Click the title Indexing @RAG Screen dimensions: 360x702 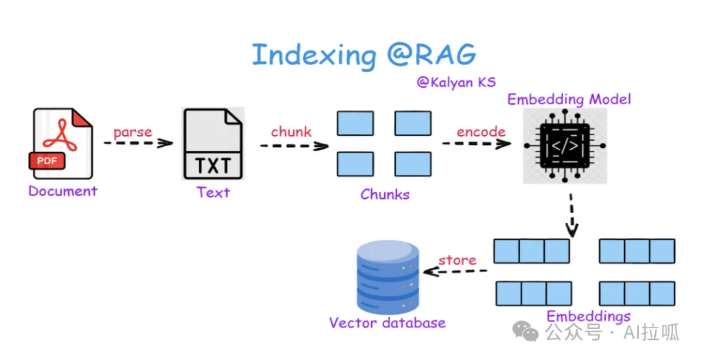pos(363,55)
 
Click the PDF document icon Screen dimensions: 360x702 pos(62,144)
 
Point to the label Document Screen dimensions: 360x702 pos(62,191)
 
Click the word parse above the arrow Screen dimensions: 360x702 pos(133,133)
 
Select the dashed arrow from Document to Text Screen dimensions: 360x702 pos(138,143)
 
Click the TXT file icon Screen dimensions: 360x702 pos(213,144)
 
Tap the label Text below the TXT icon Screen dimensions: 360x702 pos(213,192)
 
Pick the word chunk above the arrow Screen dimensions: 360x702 pos(291,132)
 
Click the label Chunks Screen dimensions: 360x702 pos(385,194)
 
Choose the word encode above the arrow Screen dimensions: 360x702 pos(481,132)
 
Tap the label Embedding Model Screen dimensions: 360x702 pos(569,99)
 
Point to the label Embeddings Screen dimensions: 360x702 pos(588,316)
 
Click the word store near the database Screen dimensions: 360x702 pos(457,260)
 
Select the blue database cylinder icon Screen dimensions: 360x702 pos(387,276)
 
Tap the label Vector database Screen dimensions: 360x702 pos(387,323)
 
